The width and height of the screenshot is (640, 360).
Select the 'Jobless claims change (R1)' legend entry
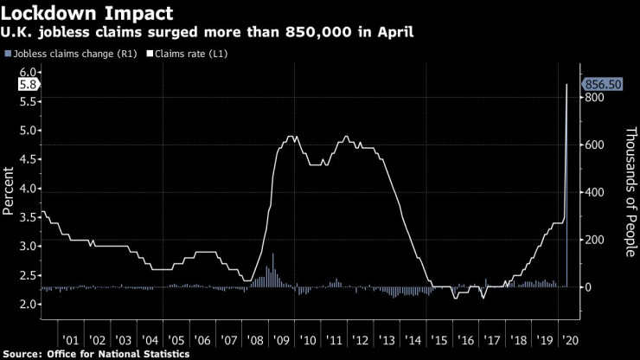pos(61,54)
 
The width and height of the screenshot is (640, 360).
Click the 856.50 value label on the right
pos(604,84)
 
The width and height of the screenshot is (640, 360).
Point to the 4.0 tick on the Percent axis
pos(27,189)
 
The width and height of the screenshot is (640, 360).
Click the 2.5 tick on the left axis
pos(27,275)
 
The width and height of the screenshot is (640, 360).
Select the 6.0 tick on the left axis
pos(27,73)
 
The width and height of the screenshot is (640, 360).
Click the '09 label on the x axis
pos(282,340)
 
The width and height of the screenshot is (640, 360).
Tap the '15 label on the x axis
pos(441,340)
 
